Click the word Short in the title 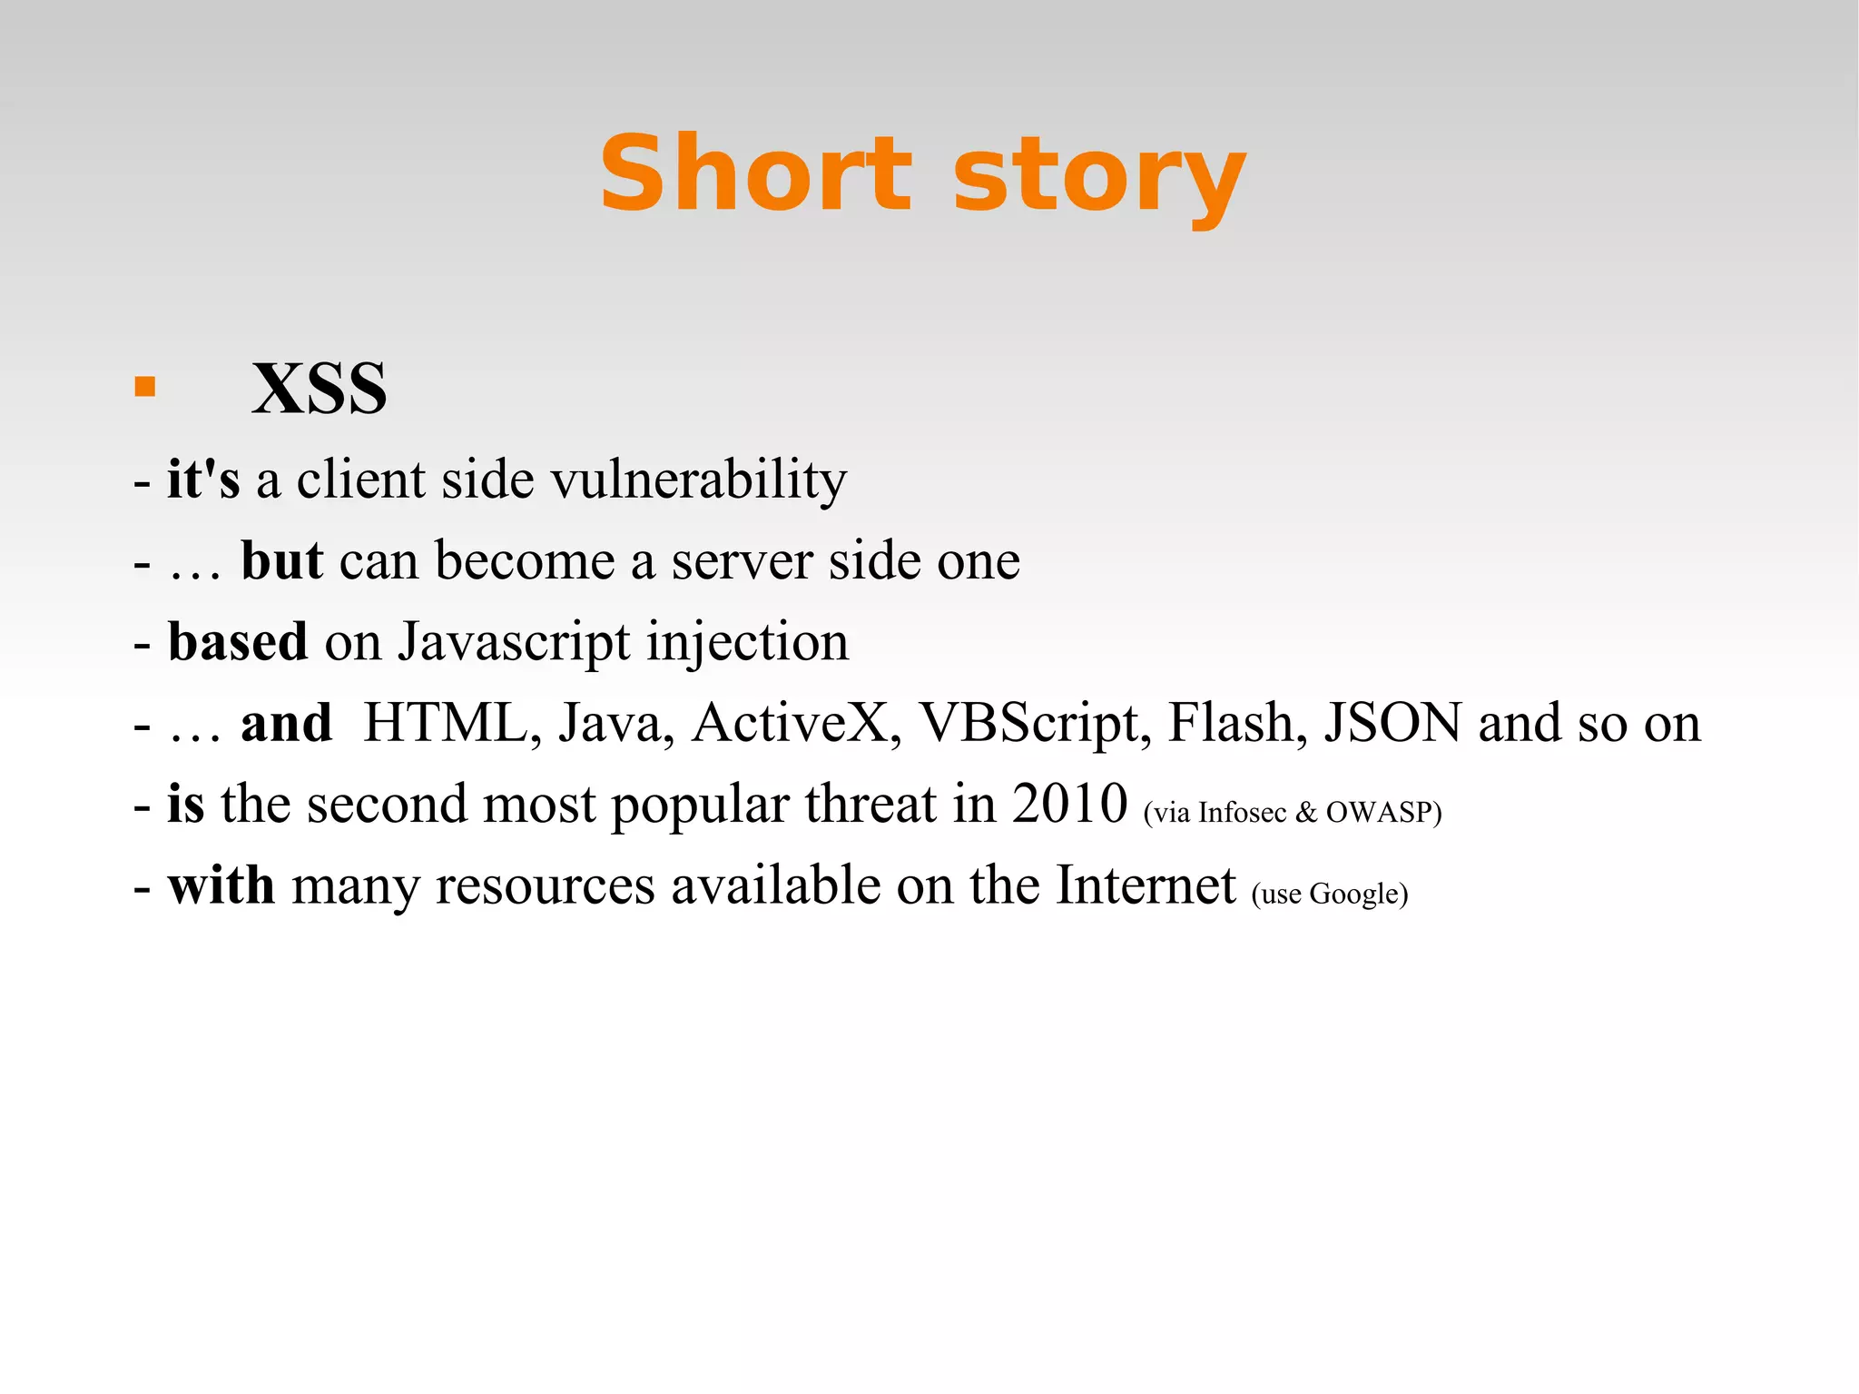pos(755,173)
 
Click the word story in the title pos(1099,177)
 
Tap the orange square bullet pos(145,388)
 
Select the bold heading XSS pos(320,389)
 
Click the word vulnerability pos(699,480)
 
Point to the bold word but pos(281,560)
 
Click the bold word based pos(238,641)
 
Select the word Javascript pos(513,643)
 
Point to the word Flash pos(1236,723)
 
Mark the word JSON pos(1392,723)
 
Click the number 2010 pos(1069,804)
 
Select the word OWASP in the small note pos(1378,812)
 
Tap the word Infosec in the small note pos(1242,812)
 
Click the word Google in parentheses pos(1353,895)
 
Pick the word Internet pos(1146,885)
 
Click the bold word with pos(221,885)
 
